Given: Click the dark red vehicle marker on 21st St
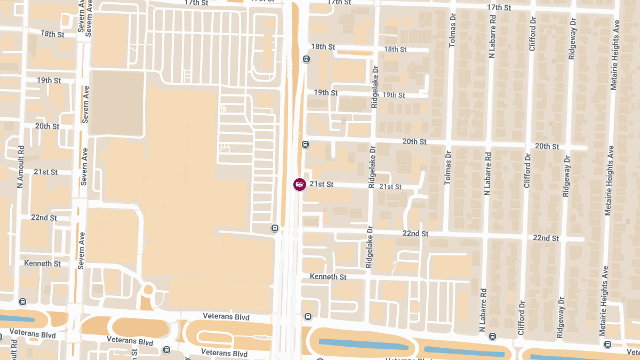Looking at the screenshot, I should [x=300, y=185].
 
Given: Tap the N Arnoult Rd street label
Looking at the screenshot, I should [x=21, y=167].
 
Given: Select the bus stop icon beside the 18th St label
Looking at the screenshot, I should [x=306, y=59].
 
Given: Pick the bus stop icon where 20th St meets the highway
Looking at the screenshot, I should [x=305, y=144].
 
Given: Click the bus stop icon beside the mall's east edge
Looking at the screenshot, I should [x=275, y=228].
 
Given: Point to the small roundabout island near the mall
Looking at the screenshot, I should [x=148, y=290].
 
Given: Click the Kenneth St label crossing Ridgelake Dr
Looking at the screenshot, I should [x=328, y=277].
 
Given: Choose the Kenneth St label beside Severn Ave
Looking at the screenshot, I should [x=42, y=263].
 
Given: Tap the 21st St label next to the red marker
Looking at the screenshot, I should [x=322, y=184].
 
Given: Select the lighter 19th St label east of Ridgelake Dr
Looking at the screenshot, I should [x=394, y=95].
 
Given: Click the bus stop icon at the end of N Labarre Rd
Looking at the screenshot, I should [x=492, y=337].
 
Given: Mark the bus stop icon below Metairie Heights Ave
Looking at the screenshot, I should [x=607, y=344].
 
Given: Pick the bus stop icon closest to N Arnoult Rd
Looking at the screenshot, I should [x=22, y=301].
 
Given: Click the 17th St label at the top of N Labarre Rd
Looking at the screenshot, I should [x=499, y=7].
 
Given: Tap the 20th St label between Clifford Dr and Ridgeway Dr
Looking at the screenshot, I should [x=547, y=146].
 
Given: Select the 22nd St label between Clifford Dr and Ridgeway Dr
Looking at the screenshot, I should [x=546, y=238].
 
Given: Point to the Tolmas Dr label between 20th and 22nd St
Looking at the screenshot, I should [x=447, y=167].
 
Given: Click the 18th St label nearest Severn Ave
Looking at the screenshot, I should [x=52, y=34].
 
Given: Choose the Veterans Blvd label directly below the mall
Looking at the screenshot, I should [x=226, y=317].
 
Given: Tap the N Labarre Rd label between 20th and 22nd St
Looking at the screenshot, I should [x=487, y=173].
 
